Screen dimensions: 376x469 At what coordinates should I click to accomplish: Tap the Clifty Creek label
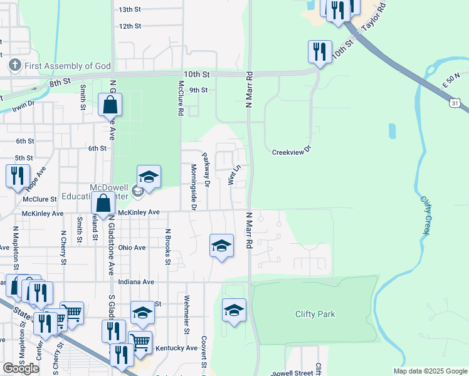coord(426,216)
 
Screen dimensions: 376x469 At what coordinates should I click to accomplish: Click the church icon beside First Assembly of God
coord(14,65)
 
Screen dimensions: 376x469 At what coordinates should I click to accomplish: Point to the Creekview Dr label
coord(292,152)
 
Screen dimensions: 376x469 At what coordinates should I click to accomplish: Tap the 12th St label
coord(130,26)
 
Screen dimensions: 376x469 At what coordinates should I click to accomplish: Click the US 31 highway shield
coord(456,102)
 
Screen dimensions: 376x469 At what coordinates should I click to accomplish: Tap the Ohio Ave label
coord(132,248)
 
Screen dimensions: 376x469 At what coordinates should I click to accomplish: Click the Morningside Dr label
coord(193,187)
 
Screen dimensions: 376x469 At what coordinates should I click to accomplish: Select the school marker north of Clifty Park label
coord(234,310)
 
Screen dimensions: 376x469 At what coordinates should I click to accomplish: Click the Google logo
coord(21,368)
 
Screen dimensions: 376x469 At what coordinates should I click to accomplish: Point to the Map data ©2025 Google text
coord(429,371)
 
